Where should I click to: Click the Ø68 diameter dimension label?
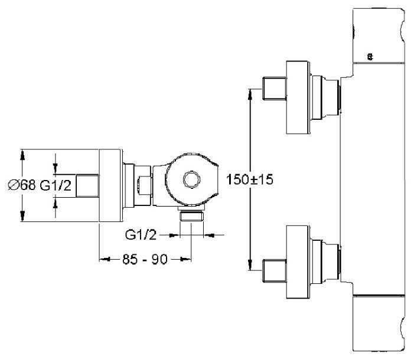[22, 185]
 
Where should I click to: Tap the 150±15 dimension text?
[249, 179]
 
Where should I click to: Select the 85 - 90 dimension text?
[145, 260]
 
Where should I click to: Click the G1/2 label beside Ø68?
[56, 186]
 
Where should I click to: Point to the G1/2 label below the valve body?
[141, 235]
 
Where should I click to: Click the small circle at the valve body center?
[192, 180]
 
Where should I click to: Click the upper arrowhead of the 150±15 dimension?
[250, 94]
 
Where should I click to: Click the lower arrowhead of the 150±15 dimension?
[250, 265]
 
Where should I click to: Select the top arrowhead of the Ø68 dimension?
[22, 155]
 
